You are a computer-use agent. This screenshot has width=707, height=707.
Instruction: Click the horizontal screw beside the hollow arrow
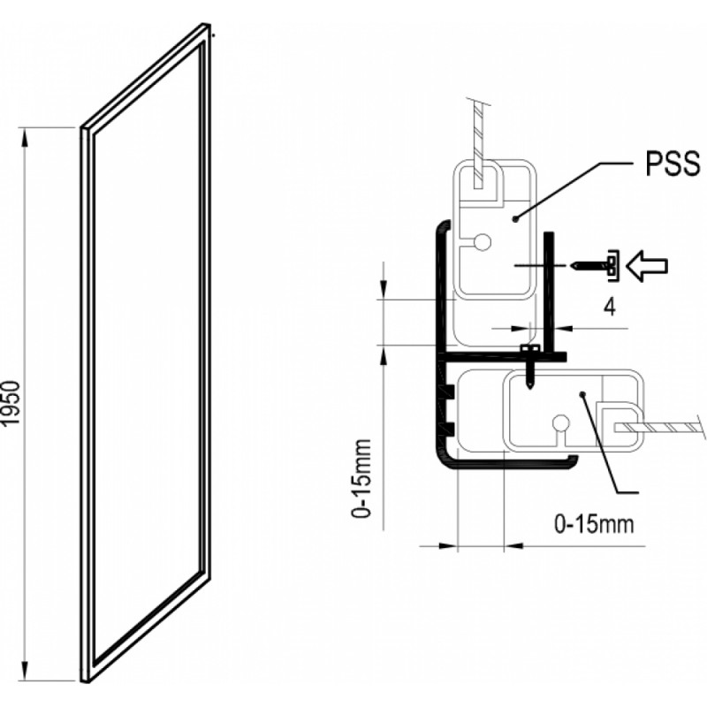[x=597, y=263]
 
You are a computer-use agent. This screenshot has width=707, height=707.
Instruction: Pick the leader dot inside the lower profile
[x=582, y=395]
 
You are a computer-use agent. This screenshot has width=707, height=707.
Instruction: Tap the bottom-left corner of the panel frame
[x=86, y=680]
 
